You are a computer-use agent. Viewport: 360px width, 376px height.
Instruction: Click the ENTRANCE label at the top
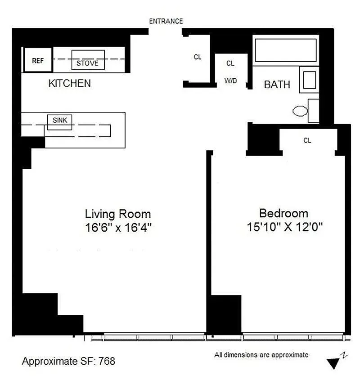tap(166, 21)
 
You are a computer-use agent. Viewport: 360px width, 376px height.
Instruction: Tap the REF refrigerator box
tap(38, 60)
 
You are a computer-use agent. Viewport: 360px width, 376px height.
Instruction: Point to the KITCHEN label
tap(69, 83)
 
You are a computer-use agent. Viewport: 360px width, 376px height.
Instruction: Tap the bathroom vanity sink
tap(309, 80)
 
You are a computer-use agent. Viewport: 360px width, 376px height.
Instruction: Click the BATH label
tap(277, 85)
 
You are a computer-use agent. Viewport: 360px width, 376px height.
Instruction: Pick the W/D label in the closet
tap(230, 81)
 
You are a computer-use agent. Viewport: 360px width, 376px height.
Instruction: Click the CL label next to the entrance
tap(198, 57)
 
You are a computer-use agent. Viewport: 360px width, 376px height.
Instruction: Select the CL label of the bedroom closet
tap(307, 140)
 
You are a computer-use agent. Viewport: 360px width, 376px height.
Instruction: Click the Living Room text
tap(118, 214)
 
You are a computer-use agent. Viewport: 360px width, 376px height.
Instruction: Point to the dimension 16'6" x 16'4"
tap(118, 227)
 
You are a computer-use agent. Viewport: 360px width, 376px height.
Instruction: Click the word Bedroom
tap(283, 213)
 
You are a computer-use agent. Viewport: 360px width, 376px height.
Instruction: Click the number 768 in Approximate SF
tap(107, 361)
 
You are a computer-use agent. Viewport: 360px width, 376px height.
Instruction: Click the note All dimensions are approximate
tap(261, 355)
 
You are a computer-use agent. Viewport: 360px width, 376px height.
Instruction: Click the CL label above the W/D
tap(230, 63)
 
